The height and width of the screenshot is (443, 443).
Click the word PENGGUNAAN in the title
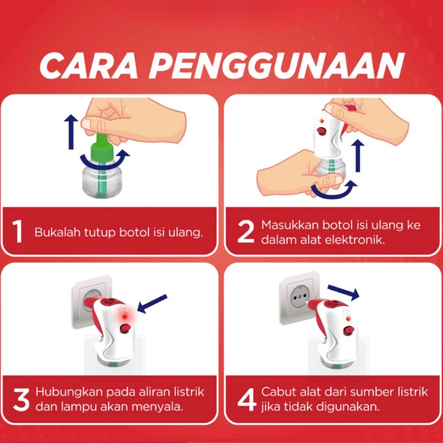tap(276, 65)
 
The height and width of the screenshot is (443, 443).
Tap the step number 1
tap(18, 232)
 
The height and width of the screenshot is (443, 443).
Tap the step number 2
tap(245, 232)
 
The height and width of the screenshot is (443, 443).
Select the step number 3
tap(21, 400)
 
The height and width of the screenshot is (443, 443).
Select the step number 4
tap(247, 400)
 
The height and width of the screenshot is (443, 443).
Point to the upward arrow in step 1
tap(71, 132)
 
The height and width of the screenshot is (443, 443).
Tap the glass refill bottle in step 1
tap(102, 181)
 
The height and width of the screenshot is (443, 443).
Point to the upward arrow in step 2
tap(358, 156)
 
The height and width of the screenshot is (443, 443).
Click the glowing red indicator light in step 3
tap(124, 316)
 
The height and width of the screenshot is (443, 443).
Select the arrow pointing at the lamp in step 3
tap(152, 304)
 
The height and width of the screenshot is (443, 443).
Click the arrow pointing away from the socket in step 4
tap(344, 292)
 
